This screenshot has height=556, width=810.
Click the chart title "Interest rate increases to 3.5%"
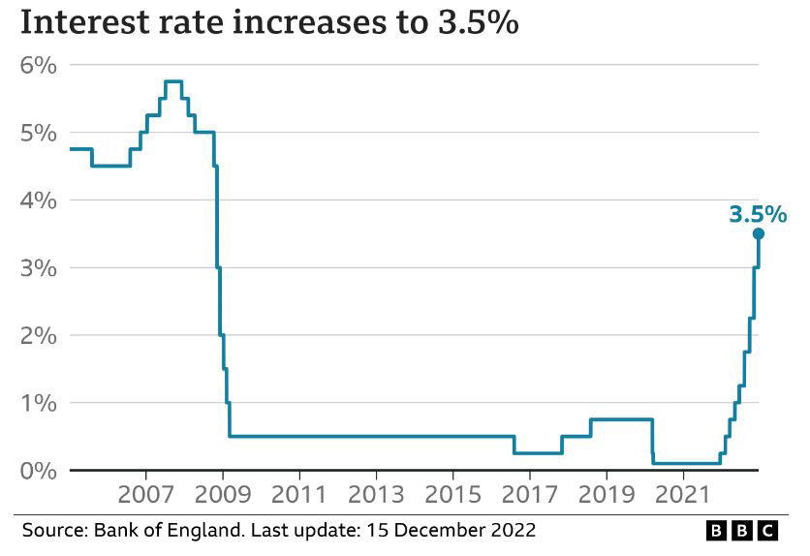point(268,22)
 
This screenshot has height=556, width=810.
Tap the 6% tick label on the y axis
point(39,65)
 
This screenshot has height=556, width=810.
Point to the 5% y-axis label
point(39,133)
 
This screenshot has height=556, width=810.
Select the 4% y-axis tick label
point(39,201)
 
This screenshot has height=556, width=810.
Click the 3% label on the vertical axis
point(39,267)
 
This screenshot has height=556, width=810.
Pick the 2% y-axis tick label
point(39,335)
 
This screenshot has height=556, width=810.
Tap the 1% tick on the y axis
point(39,403)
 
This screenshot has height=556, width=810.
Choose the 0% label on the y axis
point(39,471)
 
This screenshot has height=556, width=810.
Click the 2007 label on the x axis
point(146,494)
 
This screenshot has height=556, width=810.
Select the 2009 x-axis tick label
point(223,494)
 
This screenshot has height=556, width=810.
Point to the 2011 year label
point(299,494)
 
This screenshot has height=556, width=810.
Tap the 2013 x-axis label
point(376,494)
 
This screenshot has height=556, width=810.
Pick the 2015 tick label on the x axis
point(452,494)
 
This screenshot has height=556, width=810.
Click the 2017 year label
point(530,494)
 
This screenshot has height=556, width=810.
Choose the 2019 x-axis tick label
point(607,494)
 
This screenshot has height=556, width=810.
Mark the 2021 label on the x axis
point(683,494)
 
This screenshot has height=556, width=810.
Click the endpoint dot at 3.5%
point(759,233)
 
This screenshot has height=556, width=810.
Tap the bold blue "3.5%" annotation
point(758,214)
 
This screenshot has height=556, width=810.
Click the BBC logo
point(741,531)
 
